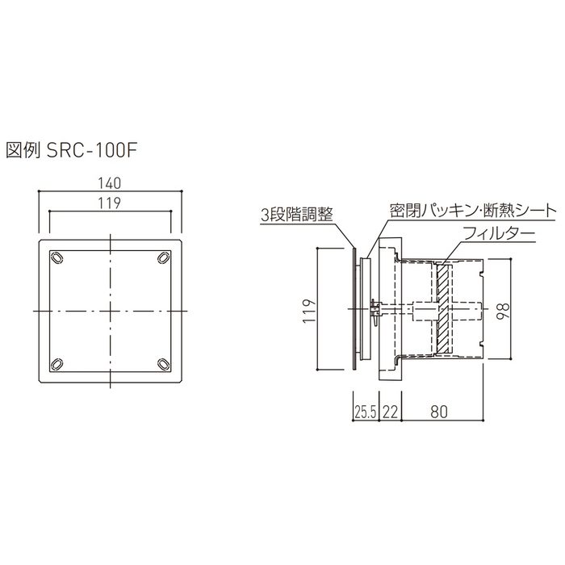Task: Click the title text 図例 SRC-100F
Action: pyautogui.click(x=71, y=151)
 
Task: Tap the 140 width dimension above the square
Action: pyautogui.click(x=110, y=183)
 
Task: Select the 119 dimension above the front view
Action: pyautogui.click(x=110, y=203)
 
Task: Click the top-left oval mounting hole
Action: pyautogui.click(x=57, y=257)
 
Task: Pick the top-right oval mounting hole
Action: pyautogui.click(x=163, y=257)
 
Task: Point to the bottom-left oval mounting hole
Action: pyautogui.click(x=57, y=364)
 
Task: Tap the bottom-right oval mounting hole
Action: pyautogui.click(x=163, y=364)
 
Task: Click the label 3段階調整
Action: pyautogui.click(x=296, y=216)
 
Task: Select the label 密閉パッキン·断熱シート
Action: pyautogui.click(x=473, y=211)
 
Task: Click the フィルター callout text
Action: pyautogui.click(x=499, y=234)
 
